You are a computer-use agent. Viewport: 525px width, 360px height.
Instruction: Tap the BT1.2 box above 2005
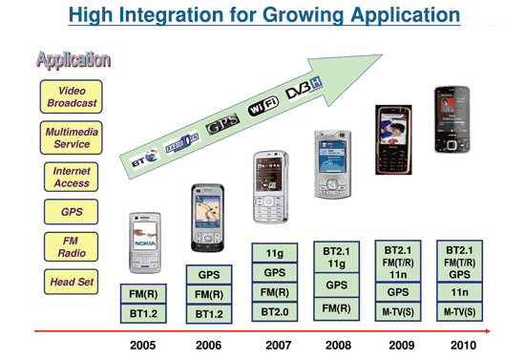(143, 313)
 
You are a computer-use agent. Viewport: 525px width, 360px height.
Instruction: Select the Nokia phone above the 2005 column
(145, 242)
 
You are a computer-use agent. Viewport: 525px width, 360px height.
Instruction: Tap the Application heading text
(73, 60)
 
